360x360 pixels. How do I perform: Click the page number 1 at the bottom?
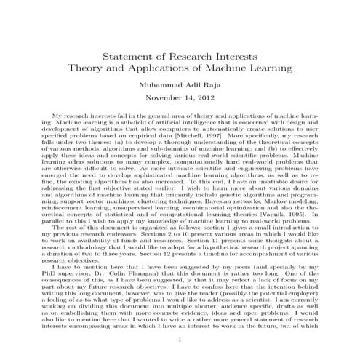tap(180, 340)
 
